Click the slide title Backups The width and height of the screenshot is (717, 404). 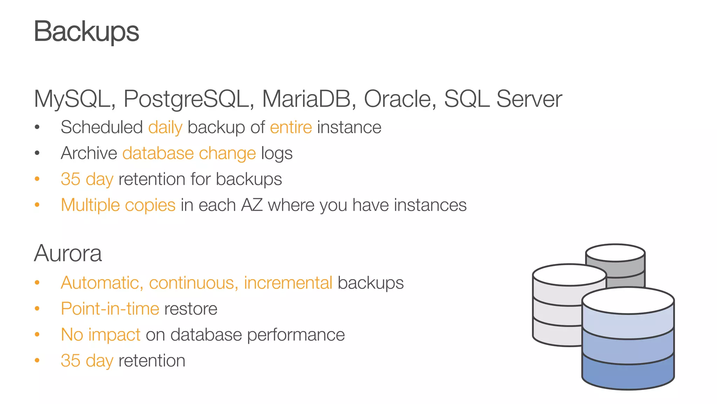coord(86,32)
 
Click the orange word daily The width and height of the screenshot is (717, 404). coord(165,127)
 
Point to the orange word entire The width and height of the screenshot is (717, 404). coord(291,127)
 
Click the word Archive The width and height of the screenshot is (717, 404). coord(89,153)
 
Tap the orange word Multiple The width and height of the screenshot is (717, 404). coord(90,205)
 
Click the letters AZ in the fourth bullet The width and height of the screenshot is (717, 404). coord(252,205)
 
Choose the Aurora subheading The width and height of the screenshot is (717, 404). coord(68,253)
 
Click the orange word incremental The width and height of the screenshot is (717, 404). coord(288,283)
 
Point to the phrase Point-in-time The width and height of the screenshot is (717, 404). coord(110,309)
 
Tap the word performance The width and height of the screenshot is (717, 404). coord(296,335)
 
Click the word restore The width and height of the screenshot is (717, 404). coord(191,309)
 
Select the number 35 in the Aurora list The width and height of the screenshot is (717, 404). coord(70,361)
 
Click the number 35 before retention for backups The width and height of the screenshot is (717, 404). coord(70,179)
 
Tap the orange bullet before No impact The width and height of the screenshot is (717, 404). coord(37,335)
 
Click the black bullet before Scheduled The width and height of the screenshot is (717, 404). coord(37,127)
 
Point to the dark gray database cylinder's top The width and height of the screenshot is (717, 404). coord(615,253)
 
